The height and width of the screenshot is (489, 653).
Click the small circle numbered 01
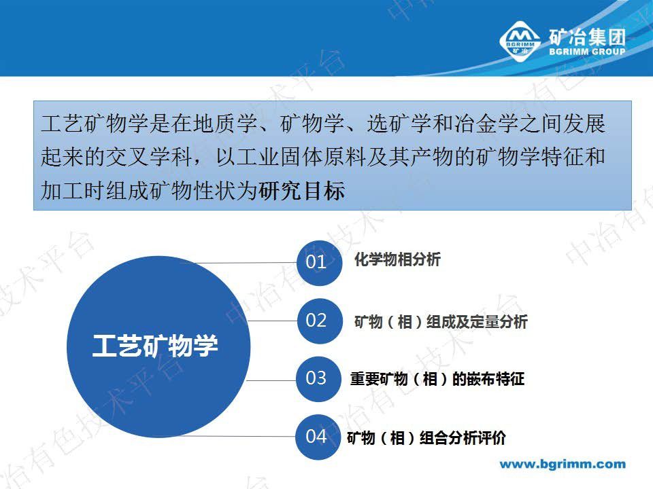pos(317,262)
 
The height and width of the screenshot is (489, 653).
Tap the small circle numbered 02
pos(317,321)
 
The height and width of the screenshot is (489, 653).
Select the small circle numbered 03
pos(317,378)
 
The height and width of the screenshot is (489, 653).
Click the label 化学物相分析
pos(397,260)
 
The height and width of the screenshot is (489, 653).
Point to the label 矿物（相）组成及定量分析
pos(440,322)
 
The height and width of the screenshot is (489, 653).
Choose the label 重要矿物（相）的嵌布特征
pos(437,379)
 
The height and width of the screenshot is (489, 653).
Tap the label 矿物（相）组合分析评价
pos(426,438)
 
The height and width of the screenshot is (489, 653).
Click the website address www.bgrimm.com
pos(563,465)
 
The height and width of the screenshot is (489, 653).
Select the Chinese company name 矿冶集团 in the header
pos(586,36)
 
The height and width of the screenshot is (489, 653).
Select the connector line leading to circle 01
pos(237,262)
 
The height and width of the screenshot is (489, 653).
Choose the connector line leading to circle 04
pos(237,436)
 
